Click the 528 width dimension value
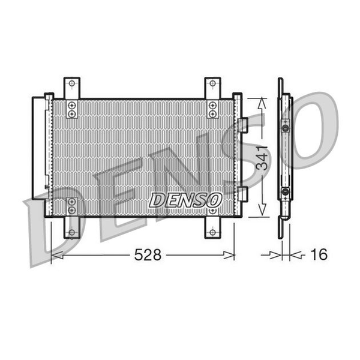tap(148, 255)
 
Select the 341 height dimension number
tap(262, 158)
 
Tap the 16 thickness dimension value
tap(319, 254)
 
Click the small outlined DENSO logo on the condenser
tap(185, 200)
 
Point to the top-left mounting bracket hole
tap(72, 83)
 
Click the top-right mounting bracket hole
tap(212, 83)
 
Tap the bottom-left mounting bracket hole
tap(72, 232)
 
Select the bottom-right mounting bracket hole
tap(212, 232)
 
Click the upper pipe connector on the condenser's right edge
tap(242, 125)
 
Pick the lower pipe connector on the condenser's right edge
tap(242, 194)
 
